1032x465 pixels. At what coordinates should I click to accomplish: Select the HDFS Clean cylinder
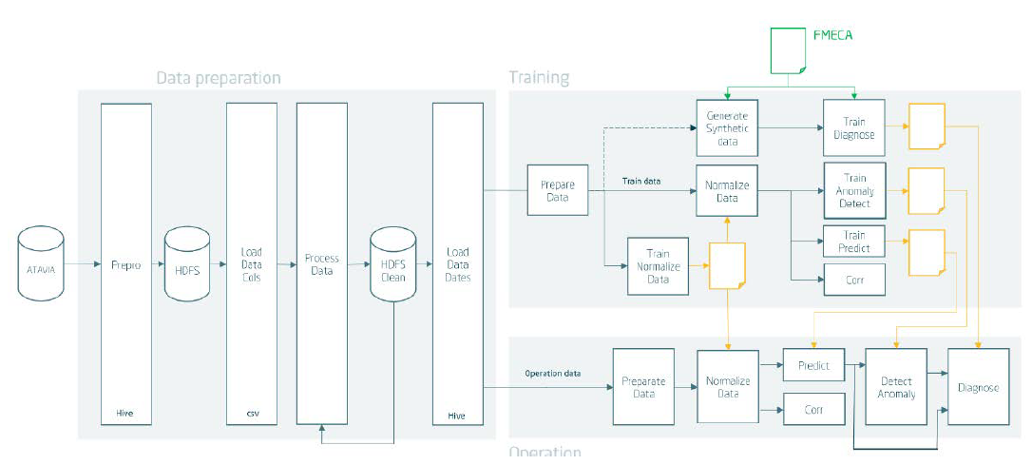[393, 268]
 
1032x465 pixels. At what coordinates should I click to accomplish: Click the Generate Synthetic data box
[727, 128]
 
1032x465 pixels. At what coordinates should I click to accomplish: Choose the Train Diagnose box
[854, 128]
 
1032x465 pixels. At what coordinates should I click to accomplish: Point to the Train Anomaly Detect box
[854, 191]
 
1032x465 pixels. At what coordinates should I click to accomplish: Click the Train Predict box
[854, 242]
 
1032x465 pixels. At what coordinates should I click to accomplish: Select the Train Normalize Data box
[657, 266]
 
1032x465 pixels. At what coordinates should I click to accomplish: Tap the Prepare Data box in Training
[558, 190]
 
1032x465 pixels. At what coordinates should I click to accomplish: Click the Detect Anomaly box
[896, 387]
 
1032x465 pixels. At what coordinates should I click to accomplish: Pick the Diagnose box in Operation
[978, 387]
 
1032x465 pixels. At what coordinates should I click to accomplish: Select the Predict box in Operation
[813, 365]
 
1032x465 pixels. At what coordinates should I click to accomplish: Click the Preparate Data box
[643, 386]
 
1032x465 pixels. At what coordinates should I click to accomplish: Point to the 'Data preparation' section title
[219, 78]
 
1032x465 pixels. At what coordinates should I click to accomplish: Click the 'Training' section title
[539, 78]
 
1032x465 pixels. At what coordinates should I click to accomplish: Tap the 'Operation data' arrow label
[553, 374]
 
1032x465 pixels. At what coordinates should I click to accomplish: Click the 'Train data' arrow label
[641, 179]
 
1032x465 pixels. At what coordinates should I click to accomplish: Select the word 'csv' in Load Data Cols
[252, 415]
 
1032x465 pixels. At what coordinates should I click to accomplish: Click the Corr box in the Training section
[854, 280]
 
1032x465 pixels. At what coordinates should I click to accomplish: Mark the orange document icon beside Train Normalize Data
[727, 266]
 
